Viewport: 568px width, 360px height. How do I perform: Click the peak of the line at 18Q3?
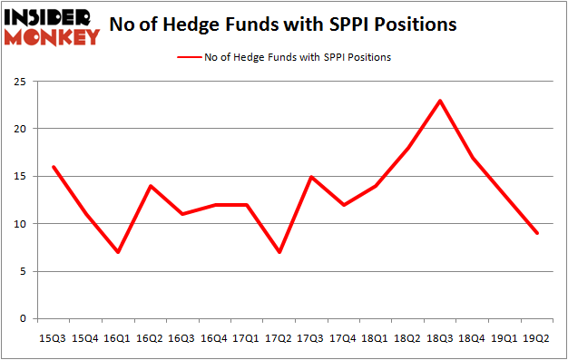click(x=440, y=100)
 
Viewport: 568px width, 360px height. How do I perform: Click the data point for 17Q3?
click(x=310, y=176)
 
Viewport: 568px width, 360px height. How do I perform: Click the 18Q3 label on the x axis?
click(x=440, y=338)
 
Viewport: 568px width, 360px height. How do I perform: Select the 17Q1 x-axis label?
click(x=245, y=338)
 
